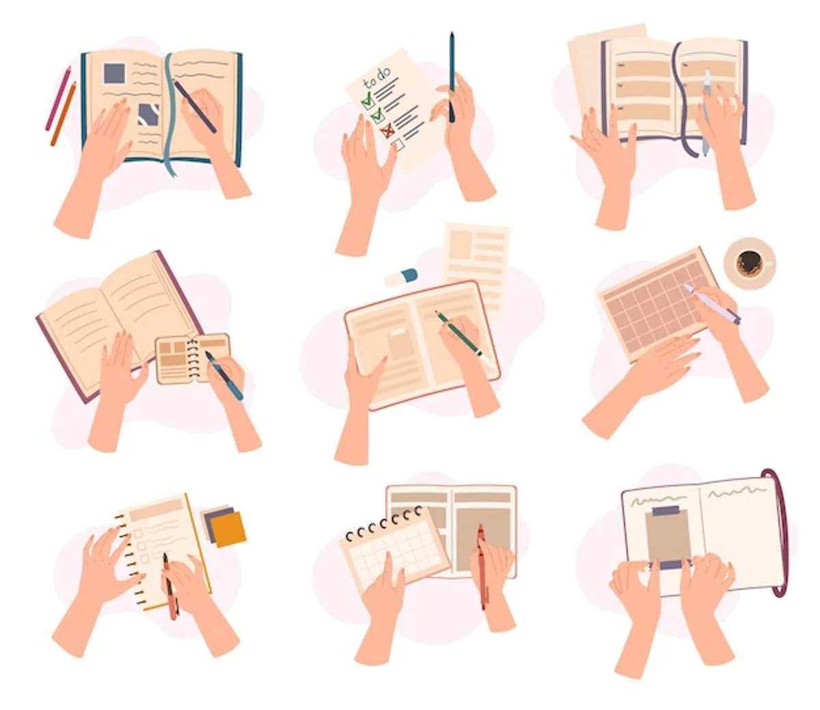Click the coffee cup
tap(749, 263)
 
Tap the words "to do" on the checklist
tap(377, 78)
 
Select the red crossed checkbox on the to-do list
tap(387, 130)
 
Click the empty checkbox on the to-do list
tap(398, 144)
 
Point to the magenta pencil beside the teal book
tap(58, 98)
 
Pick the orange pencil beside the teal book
tap(64, 114)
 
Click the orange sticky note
tap(228, 529)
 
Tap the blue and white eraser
tap(402, 277)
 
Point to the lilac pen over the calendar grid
tap(711, 304)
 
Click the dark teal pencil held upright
tap(452, 77)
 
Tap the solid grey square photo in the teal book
tap(115, 73)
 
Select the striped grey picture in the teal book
tap(149, 114)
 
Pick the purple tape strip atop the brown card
tap(666, 511)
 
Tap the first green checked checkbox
tap(368, 100)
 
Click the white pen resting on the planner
tap(707, 112)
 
